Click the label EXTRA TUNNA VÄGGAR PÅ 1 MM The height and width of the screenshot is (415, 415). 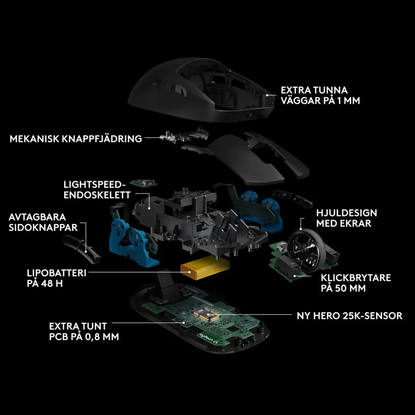[x=320, y=95]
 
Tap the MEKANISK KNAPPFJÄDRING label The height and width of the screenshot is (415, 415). [x=76, y=139]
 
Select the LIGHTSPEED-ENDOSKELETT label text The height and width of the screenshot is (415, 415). [x=97, y=190]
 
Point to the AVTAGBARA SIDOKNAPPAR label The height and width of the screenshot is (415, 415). [x=43, y=222]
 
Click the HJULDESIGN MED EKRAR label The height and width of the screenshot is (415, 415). [x=346, y=218]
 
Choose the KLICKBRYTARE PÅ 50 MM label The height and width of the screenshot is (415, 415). [x=356, y=283]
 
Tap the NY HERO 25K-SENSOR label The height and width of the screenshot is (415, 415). [x=349, y=315]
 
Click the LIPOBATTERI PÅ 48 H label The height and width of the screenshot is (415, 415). [x=57, y=278]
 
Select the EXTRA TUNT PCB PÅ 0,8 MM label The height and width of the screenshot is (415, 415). [x=84, y=331]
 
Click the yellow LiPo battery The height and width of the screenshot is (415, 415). [x=205, y=268]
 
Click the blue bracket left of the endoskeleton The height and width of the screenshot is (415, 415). [x=132, y=243]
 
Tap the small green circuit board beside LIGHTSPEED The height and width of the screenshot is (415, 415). [x=143, y=183]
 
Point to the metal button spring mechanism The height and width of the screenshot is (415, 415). [x=184, y=136]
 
